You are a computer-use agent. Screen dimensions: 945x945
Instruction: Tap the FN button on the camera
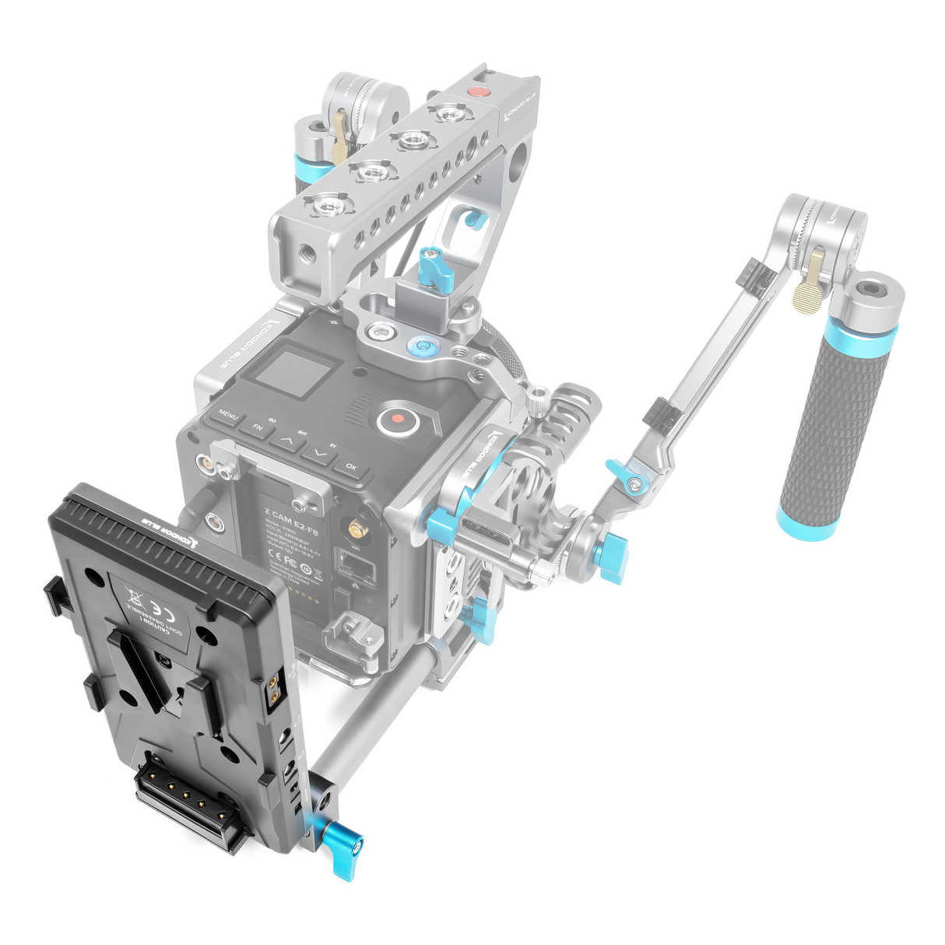(x=256, y=427)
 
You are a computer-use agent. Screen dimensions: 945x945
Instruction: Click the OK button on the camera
(x=350, y=467)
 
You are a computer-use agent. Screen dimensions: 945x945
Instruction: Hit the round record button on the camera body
(x=398, y=420)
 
